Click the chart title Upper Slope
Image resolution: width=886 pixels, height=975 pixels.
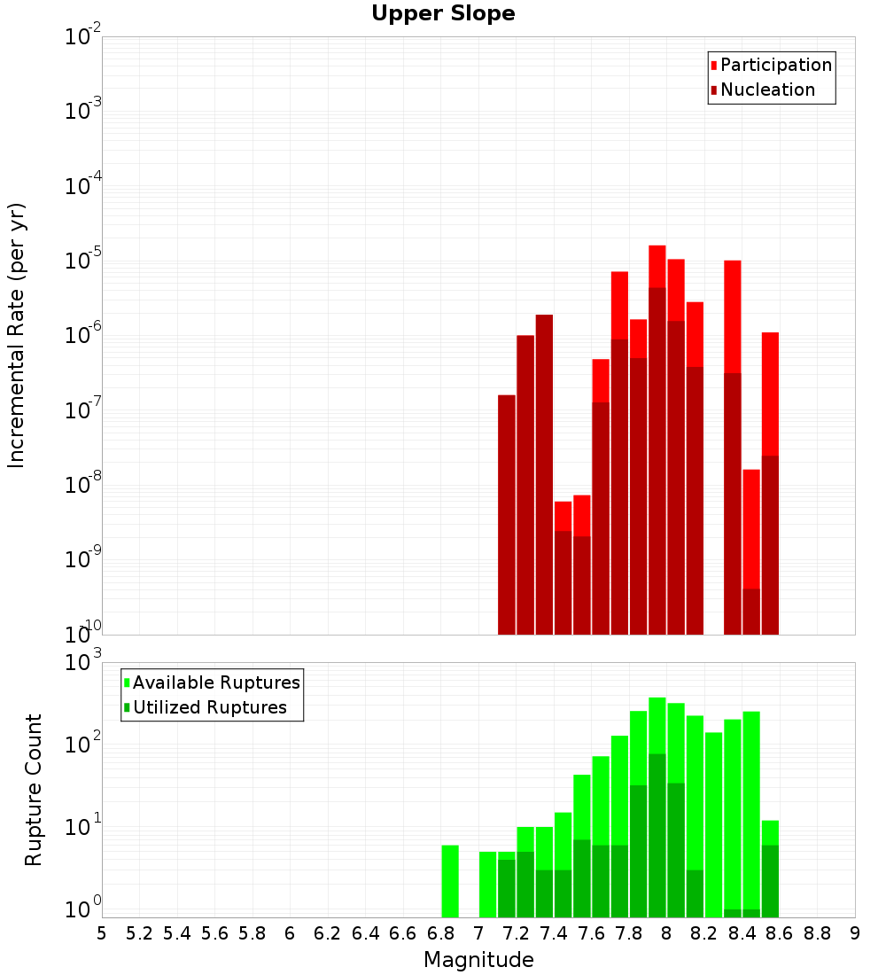click(x=443, y=14)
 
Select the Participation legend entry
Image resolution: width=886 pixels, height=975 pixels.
click(x=776, y=65)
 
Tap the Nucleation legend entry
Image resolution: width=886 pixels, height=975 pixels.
click(x=767, y=90)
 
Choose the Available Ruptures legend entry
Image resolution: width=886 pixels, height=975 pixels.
click(x=216, y=682)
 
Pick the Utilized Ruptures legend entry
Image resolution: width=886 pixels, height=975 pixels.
click(x=209, y=707)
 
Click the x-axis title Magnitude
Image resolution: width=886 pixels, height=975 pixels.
click(x=478, y=960)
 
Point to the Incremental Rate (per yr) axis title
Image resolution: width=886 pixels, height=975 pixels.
click(x=17, y=336)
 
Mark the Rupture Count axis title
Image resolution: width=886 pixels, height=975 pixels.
click(x=34, y=790)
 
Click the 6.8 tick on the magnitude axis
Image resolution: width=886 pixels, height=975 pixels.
click(x=440, y=933)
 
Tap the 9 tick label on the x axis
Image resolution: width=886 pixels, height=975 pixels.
click(x=855, y=933)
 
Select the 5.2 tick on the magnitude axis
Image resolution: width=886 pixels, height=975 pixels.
click(x=139, y=933)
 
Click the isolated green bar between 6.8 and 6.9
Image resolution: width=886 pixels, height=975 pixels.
click(x=450, y=882)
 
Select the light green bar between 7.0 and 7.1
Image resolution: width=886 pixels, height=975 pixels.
click(x=487, y=885)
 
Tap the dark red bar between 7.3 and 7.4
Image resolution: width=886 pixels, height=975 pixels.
click(x=544, y=474)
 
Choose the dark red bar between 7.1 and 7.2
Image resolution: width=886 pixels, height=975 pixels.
click(x=507, y=514)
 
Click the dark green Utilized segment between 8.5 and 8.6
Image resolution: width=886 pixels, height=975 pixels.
click(x=770, y=881)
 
